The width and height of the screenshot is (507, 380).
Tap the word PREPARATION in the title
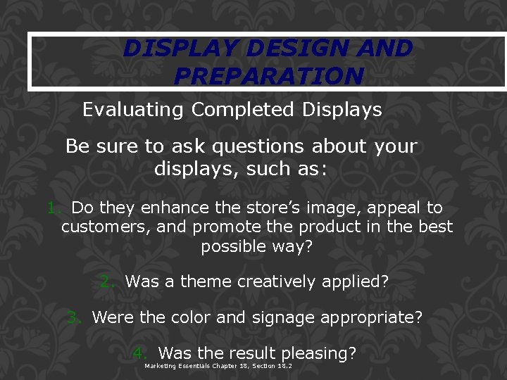click(x=268, y=75)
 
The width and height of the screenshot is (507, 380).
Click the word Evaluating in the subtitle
click(x=134, y=110)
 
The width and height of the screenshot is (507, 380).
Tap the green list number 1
click(x=52, y=208)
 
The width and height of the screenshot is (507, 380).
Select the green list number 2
click(x=106, y=281)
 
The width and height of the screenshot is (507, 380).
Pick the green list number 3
click(x=73, y=317)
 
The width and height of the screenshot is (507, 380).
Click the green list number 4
click(x=139, y=353)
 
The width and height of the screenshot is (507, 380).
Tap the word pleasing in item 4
click(x=318, y=353)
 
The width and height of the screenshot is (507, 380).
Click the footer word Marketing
click(x=162, y=367)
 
